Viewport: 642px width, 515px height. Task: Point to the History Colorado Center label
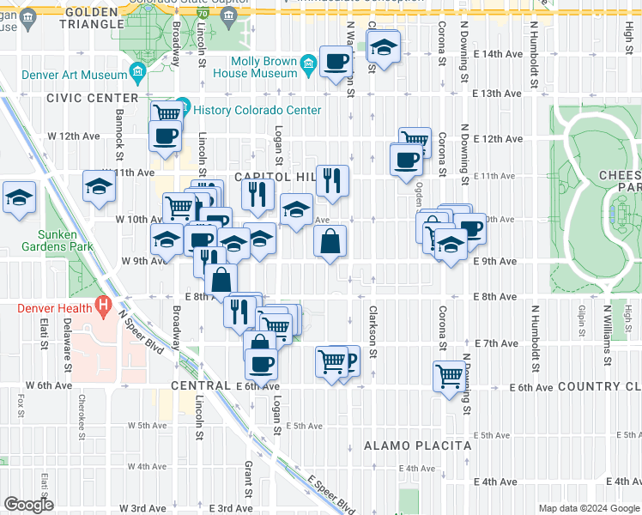pos(257,110)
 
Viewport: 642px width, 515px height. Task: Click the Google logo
pos(28,505)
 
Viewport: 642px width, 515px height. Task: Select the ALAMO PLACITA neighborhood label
pos(417,446)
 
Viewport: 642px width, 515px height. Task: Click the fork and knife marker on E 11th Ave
pos(332,180)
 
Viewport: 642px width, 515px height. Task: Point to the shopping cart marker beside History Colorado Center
pos(167,113)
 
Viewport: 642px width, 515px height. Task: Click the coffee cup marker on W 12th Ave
pos(165,135)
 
